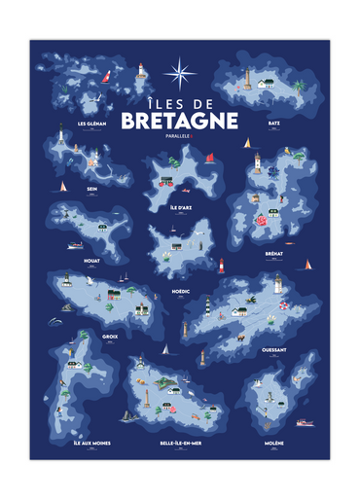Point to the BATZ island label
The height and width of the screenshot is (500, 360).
pyautogui.click(x=274, y=124)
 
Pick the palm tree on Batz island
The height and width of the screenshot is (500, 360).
pyautogui.click(x=298, y=87)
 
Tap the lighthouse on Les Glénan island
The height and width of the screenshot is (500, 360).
pyautogui.click(x=140, y=69)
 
